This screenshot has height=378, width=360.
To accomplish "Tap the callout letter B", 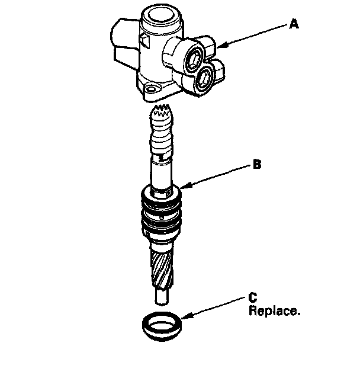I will pyautogui.click(x=256, y=165).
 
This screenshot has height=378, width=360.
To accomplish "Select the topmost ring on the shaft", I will pyautogui.click(x=160, y=193).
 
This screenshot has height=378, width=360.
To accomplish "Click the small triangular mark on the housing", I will pyautogui.click(x=144, y=40).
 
